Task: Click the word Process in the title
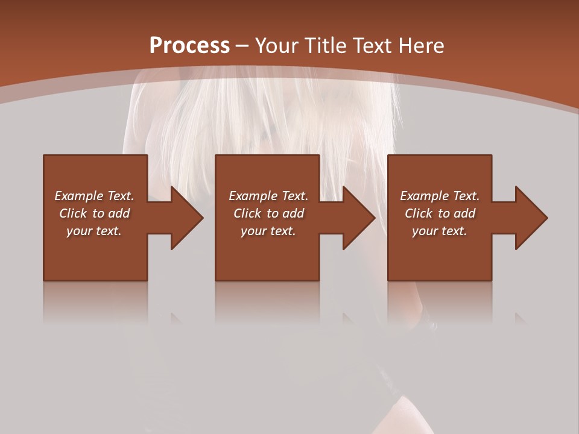189,46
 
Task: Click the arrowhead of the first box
187,218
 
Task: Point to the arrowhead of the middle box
359,218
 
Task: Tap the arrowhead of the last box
531,218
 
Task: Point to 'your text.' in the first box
94,231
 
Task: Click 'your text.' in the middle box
268,231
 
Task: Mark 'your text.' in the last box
440,231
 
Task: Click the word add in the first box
119,213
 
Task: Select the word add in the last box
464,213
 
